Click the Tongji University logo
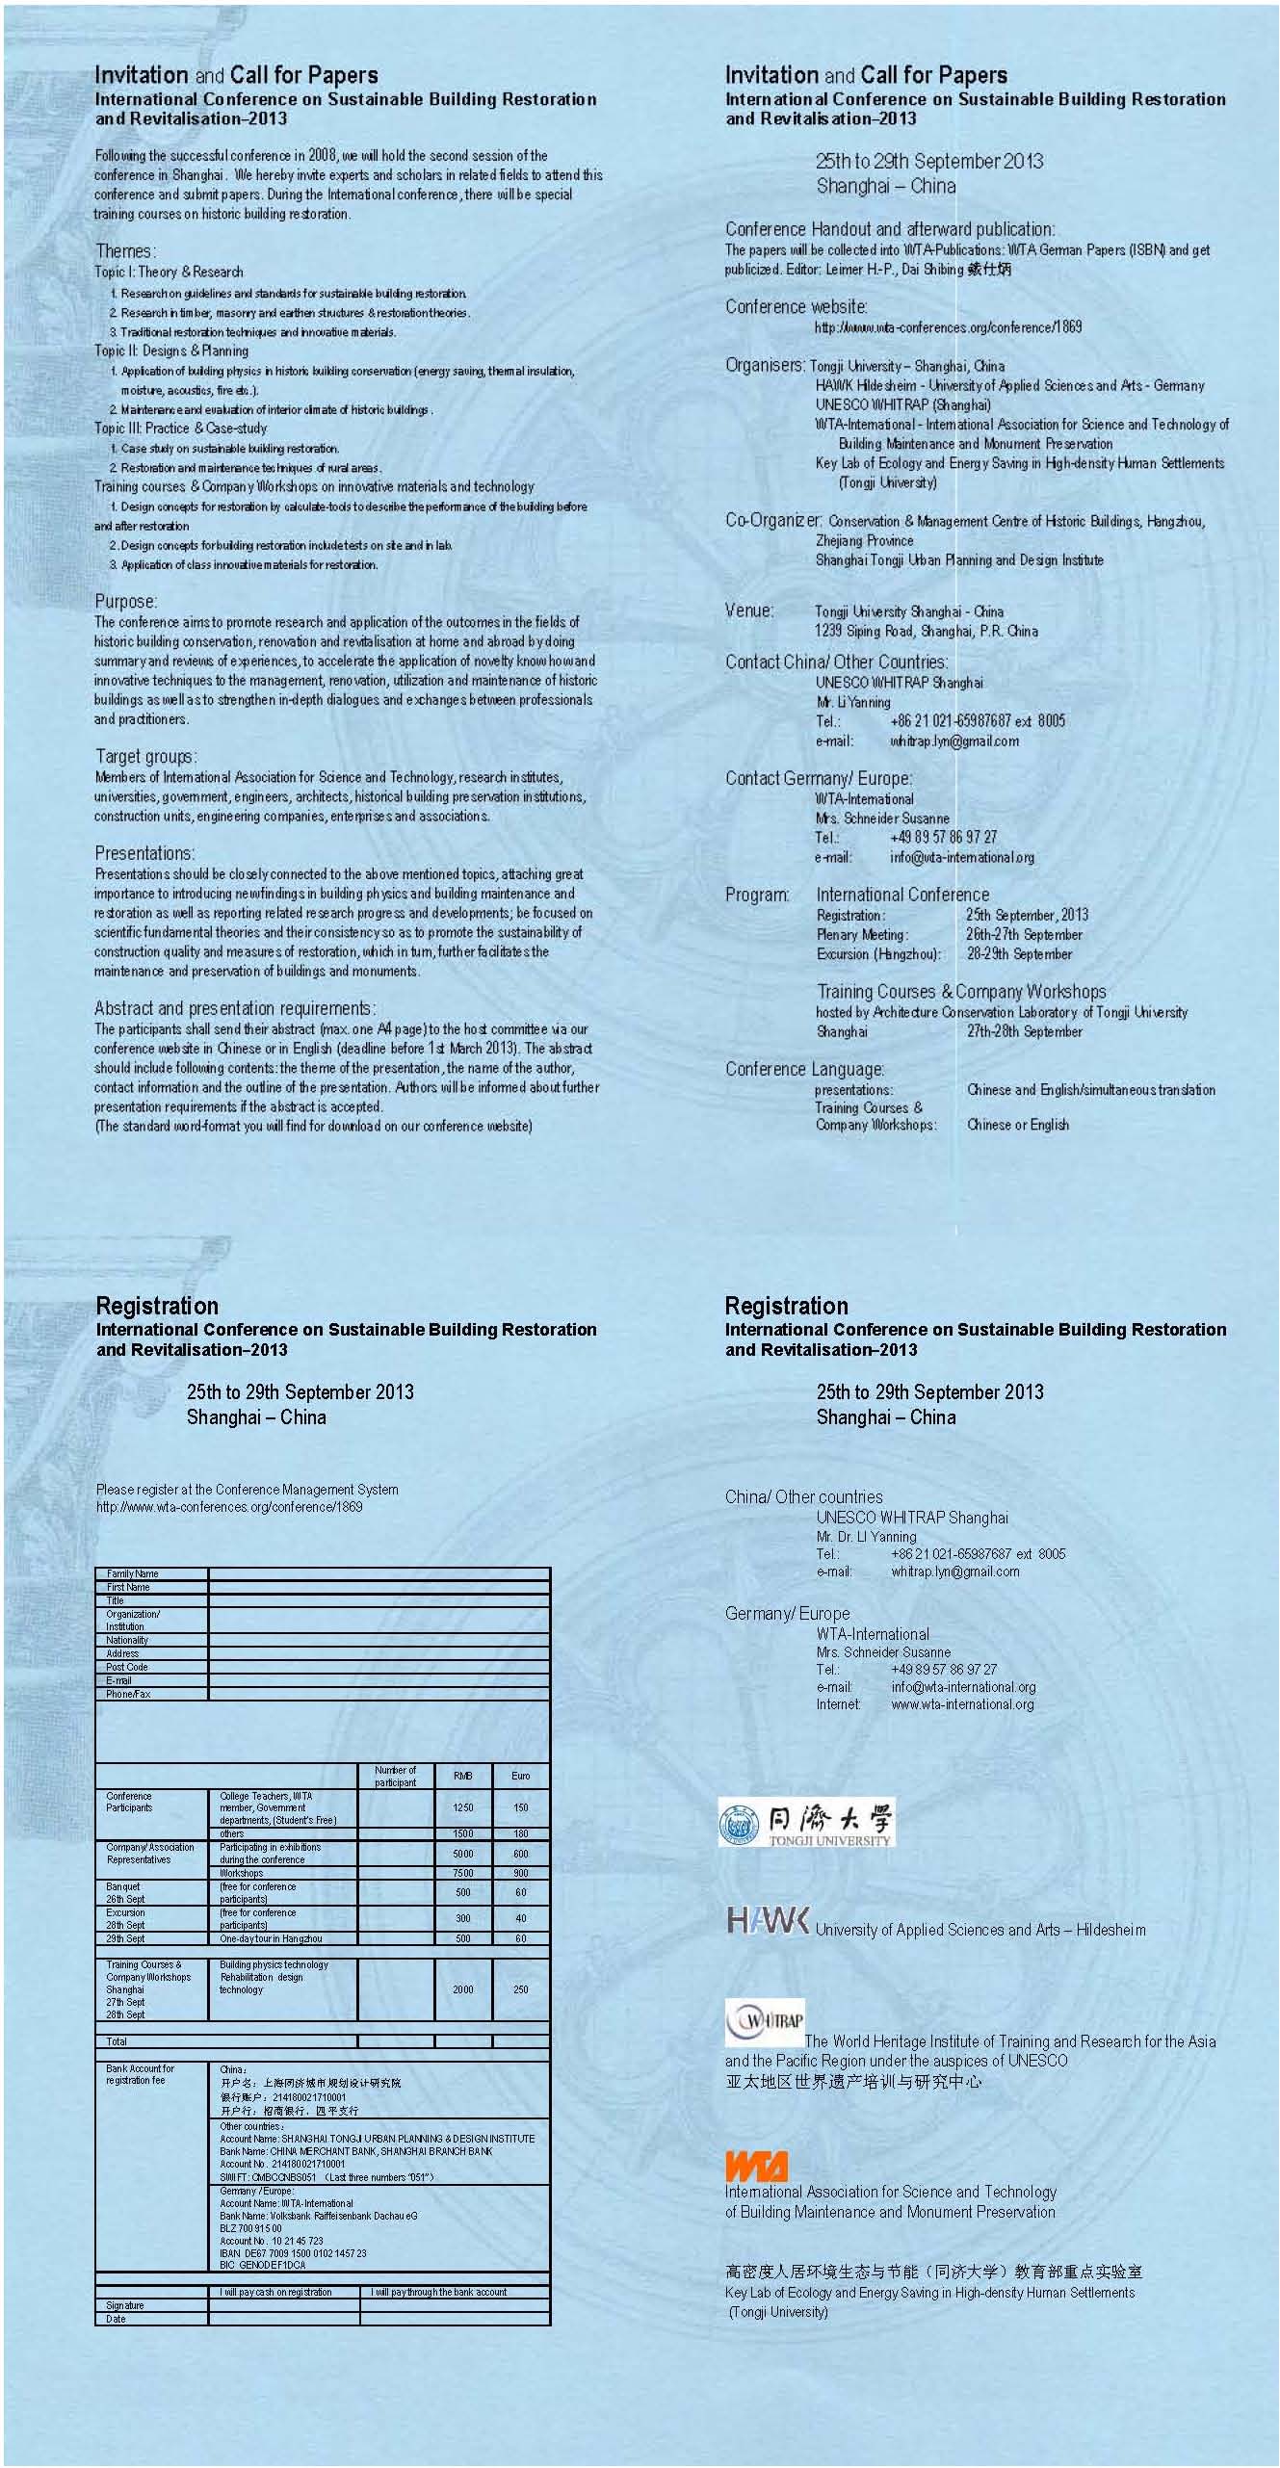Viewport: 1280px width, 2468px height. click(806, 1822)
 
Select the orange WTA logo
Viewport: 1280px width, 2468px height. click(756, 2166)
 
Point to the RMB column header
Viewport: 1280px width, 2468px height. click(462, 1776)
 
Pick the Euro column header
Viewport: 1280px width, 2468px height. click(520, 1776)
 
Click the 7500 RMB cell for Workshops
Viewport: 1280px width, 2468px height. click(462, 1873)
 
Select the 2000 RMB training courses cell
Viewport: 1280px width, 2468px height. click(462, 1989)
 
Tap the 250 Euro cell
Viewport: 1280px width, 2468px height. click(520, 1989)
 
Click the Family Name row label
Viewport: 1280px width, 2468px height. click(133, 1573)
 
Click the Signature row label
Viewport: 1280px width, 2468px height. click(125, 2305)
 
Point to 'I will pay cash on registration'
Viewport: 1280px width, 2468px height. click(275, 2292)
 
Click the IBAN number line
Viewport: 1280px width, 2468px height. click(293, 2253)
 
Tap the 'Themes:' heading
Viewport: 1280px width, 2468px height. click(124, 251)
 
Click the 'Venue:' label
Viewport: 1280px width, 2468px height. click(748, 611)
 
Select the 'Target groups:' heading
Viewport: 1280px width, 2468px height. click(145, 756)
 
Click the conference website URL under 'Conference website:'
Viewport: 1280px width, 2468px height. click(948, 327)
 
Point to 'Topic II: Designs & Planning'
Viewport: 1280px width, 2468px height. click(171, 351)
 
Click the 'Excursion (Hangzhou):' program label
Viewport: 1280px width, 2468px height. click(877, 954)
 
